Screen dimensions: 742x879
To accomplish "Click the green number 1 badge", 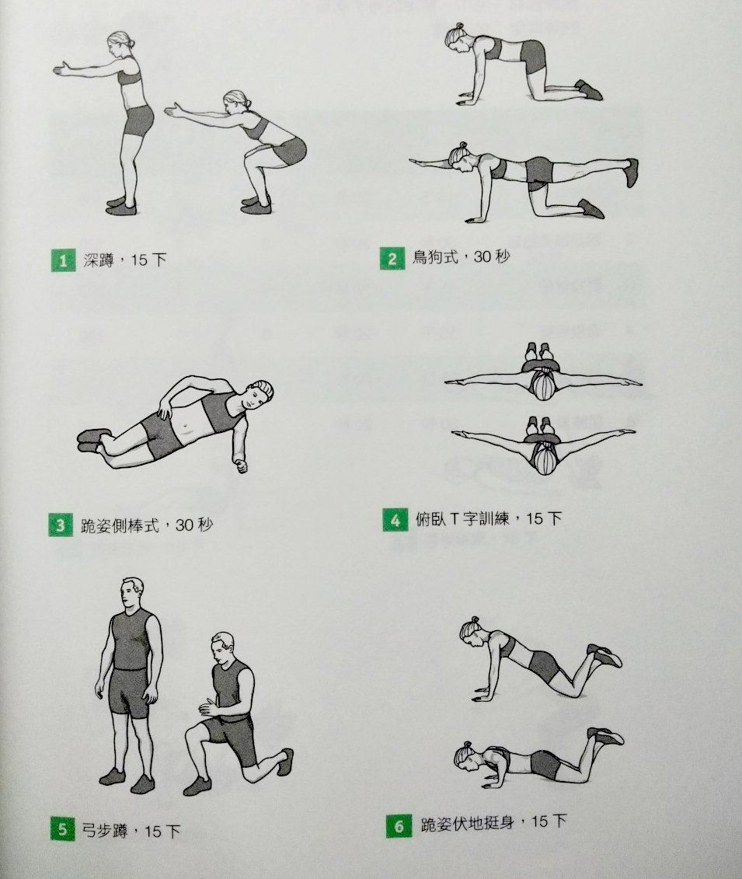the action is [63, 260].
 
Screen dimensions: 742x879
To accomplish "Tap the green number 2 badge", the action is [392, 259].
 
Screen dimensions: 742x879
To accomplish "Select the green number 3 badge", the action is [61, 526].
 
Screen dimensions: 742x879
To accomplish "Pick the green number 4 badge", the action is [395, 520].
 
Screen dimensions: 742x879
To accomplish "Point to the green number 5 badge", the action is [62, 828].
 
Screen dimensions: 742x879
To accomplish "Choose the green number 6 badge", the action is [399, 826].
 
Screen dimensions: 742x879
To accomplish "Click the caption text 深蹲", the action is [99, 260].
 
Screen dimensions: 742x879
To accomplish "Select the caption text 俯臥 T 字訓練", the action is [462, 519].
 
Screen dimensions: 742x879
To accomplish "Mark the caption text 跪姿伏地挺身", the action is [468, 824].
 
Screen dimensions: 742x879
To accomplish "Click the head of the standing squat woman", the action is [121, 44].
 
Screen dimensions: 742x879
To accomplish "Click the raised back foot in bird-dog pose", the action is [631, 173].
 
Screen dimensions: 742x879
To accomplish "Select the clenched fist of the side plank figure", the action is [242, 466].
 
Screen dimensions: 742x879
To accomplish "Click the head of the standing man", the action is [132, 592].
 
